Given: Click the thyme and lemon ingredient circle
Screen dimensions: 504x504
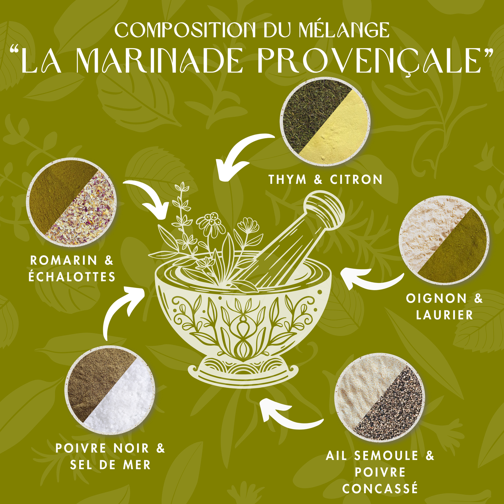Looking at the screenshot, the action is click(x=325, y=121).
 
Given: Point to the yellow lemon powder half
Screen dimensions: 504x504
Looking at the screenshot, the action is click(x=340, y=133).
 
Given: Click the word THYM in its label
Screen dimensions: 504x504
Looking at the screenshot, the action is click(x=287, y=180).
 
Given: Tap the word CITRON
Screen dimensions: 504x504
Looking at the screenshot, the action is click(x=356, y=180).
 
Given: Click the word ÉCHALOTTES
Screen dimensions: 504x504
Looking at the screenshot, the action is click(x=72, y=277).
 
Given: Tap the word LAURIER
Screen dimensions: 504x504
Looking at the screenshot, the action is click(x=444, y=315).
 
